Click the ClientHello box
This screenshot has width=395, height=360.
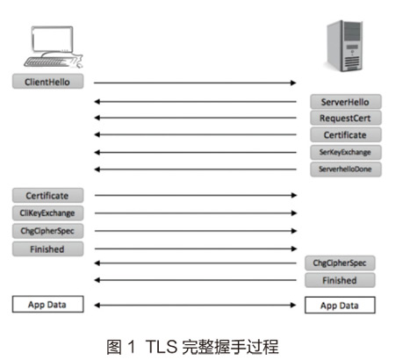[47, 82]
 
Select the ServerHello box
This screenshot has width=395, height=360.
[346, 102]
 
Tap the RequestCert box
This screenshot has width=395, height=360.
[346, 118]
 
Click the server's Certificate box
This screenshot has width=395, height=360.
[346, 134]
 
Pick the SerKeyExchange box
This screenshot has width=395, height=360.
[346, 152]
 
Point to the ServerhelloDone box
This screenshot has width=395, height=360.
[346, 169]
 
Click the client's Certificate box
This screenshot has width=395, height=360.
[47, 196]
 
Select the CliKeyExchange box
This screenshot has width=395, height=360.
[47, 213]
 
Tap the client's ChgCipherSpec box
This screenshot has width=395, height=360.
[47, 231]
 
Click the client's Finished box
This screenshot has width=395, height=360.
[47, 249]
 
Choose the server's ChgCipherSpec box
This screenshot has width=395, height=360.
[340, 263]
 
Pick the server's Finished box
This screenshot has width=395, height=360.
[340, 280]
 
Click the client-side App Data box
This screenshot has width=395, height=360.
[47, 305]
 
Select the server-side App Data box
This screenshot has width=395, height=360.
[340, 306]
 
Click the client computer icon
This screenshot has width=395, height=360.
[53, 47]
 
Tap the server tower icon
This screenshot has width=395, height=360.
[345, 46]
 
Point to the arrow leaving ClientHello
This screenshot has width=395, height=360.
[195, 83]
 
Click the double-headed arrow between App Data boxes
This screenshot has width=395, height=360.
[195, 306]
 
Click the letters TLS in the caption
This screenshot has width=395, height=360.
[162, 347]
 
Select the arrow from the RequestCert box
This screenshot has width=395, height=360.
[195, 118]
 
